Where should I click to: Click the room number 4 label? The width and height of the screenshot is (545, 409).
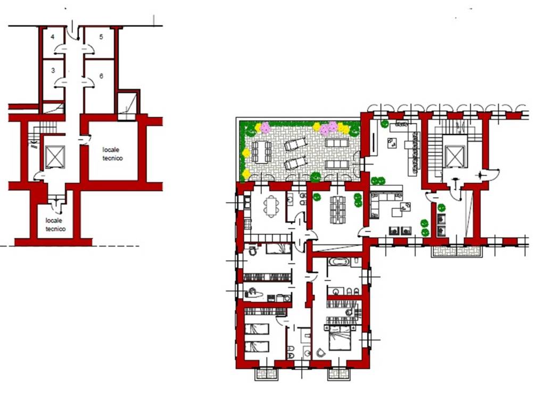tap(53, 37)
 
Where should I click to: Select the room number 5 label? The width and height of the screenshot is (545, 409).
tap(101, 37)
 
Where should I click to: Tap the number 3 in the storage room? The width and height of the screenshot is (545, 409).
tap(53, 71)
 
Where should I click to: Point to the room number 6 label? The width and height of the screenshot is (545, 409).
tap(101, 76)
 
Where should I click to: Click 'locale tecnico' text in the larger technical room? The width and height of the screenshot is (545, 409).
tap(112, 154)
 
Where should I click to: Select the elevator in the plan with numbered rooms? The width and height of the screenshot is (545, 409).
tap(55, 157)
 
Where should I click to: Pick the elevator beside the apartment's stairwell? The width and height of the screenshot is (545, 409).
tap(455, 157)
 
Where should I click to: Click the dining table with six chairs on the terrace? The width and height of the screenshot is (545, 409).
tap(262, 152)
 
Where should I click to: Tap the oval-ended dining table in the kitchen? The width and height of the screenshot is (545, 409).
tap(271, 206)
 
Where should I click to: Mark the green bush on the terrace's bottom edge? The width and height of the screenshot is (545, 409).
tap(315, 177)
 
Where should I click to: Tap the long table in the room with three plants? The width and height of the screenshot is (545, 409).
tap(337, 210)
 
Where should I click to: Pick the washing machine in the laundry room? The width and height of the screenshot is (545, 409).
tap(287, 298)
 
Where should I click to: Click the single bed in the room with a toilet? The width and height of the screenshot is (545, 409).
tap(278, 249)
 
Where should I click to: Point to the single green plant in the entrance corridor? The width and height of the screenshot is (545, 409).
tap(441, 208)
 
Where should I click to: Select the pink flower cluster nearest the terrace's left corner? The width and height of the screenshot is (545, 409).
tap(266, 128)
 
